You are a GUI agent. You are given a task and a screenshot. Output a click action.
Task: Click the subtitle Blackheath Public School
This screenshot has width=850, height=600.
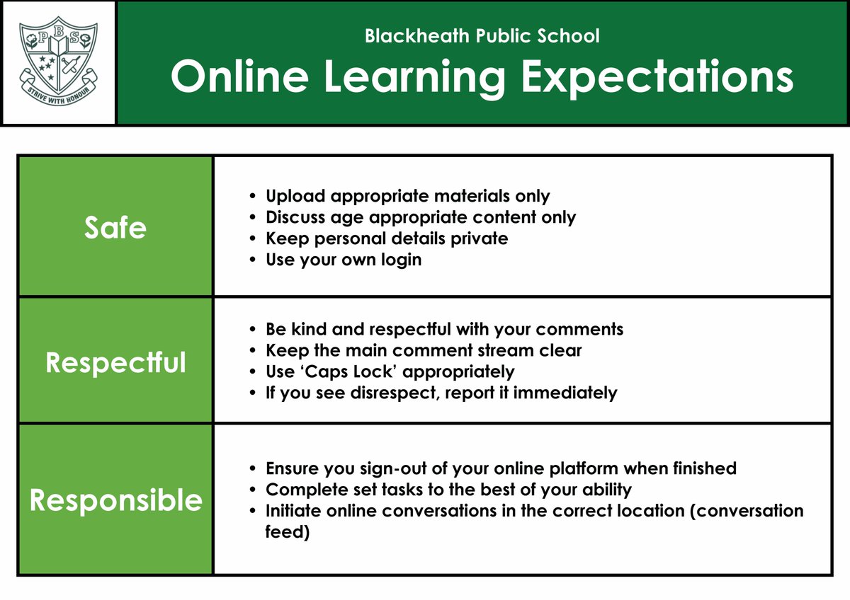pos(482,35)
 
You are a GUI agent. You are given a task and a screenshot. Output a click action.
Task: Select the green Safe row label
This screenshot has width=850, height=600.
pos(115,227)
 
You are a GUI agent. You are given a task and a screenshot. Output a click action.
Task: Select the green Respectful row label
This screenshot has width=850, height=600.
pos(115,362)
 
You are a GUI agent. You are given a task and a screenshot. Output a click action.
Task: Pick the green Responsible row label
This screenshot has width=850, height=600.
pos(115,500)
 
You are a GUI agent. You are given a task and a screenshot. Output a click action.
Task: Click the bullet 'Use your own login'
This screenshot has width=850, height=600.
pos(344,260)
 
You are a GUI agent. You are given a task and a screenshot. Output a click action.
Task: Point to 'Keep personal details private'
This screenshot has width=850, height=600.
pos(387,238)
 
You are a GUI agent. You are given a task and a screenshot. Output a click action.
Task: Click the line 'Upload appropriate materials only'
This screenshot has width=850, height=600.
pos(407,196)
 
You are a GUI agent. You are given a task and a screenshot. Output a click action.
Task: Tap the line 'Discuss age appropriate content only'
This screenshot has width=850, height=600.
pos(421,217)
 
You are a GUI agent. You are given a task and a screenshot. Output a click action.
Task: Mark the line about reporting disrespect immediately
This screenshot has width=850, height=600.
pos(441,393)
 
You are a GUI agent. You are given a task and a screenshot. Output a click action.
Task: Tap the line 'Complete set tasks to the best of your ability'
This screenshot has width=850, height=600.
pos(448,490)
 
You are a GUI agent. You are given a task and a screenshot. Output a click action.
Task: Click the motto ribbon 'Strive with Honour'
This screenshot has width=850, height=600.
pos(59,93)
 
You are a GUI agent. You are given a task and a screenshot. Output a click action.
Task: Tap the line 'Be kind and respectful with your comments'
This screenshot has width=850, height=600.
pos(444,329)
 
